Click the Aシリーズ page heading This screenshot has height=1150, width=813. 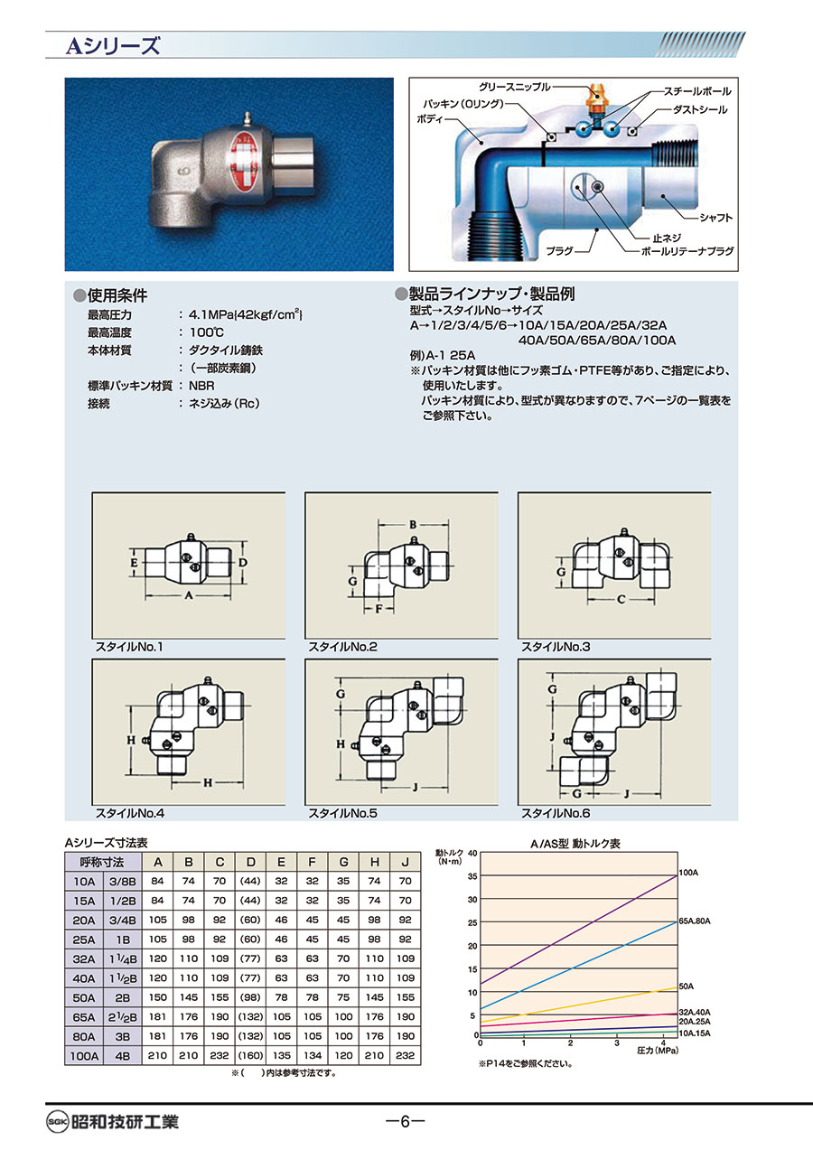click(112, 45)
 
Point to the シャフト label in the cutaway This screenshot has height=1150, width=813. click(715, 218)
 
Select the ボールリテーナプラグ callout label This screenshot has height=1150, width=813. click(687, 251)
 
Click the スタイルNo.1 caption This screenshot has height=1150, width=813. click(131, 647)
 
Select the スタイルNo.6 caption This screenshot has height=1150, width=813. click(556, 814)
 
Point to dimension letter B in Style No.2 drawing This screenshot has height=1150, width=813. click(412, 524)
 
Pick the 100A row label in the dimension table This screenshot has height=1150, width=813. click(81, 1055)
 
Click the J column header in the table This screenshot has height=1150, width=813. click(405, 861)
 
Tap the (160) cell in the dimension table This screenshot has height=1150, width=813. click(250, 1055)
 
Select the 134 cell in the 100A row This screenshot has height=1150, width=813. click(312, 1055)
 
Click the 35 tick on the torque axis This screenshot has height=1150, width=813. click(472, 876)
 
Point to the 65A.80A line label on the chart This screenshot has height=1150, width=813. click(696, 921)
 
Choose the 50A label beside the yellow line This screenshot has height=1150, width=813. click(687, 986)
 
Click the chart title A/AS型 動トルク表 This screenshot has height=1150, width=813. click(575, 844)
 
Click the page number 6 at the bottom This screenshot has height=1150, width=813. click(405, 1122)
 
